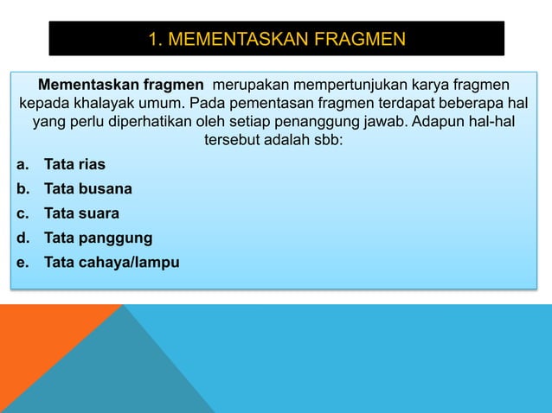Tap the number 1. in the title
[156, 40]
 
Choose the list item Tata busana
[88, 188]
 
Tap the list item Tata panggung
[98, 238]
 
